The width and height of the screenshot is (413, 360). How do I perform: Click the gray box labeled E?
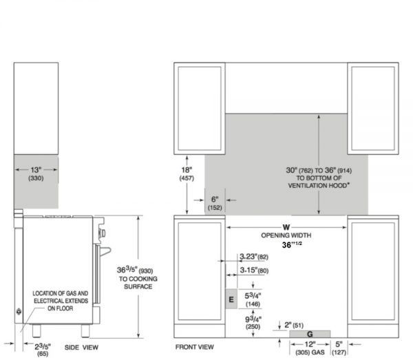click(231, 299)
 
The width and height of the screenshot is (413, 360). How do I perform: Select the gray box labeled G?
click(310, 334)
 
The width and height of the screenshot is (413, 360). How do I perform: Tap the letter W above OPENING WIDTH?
click(286, 227)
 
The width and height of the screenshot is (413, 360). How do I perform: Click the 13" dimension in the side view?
click(36, 173)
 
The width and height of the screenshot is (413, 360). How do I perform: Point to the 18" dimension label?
click(187, 174)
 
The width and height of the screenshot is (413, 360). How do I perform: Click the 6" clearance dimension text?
click(215, 203)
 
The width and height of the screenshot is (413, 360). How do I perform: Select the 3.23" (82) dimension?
click(254, 257)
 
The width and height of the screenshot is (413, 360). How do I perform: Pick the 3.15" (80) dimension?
click(254, 271)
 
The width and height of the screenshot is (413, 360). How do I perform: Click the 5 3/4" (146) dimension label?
click(253, 299)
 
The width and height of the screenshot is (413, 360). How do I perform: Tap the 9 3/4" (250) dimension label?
click(253, 323)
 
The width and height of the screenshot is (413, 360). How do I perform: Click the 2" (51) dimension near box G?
click(294, 325)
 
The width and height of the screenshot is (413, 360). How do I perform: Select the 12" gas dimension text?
click(310, 348)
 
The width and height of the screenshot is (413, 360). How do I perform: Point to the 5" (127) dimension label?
click(339, 348)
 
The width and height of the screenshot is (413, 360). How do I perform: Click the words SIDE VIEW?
click(81, 348)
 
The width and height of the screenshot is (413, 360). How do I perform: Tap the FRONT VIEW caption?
click(194, 347)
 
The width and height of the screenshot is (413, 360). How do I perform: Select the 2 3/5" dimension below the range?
click(43, 350)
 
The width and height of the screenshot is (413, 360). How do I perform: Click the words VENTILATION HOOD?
click(319, 185)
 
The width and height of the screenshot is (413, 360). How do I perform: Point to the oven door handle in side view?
click(105, 251)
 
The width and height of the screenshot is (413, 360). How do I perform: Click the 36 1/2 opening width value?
click(292, 244)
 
